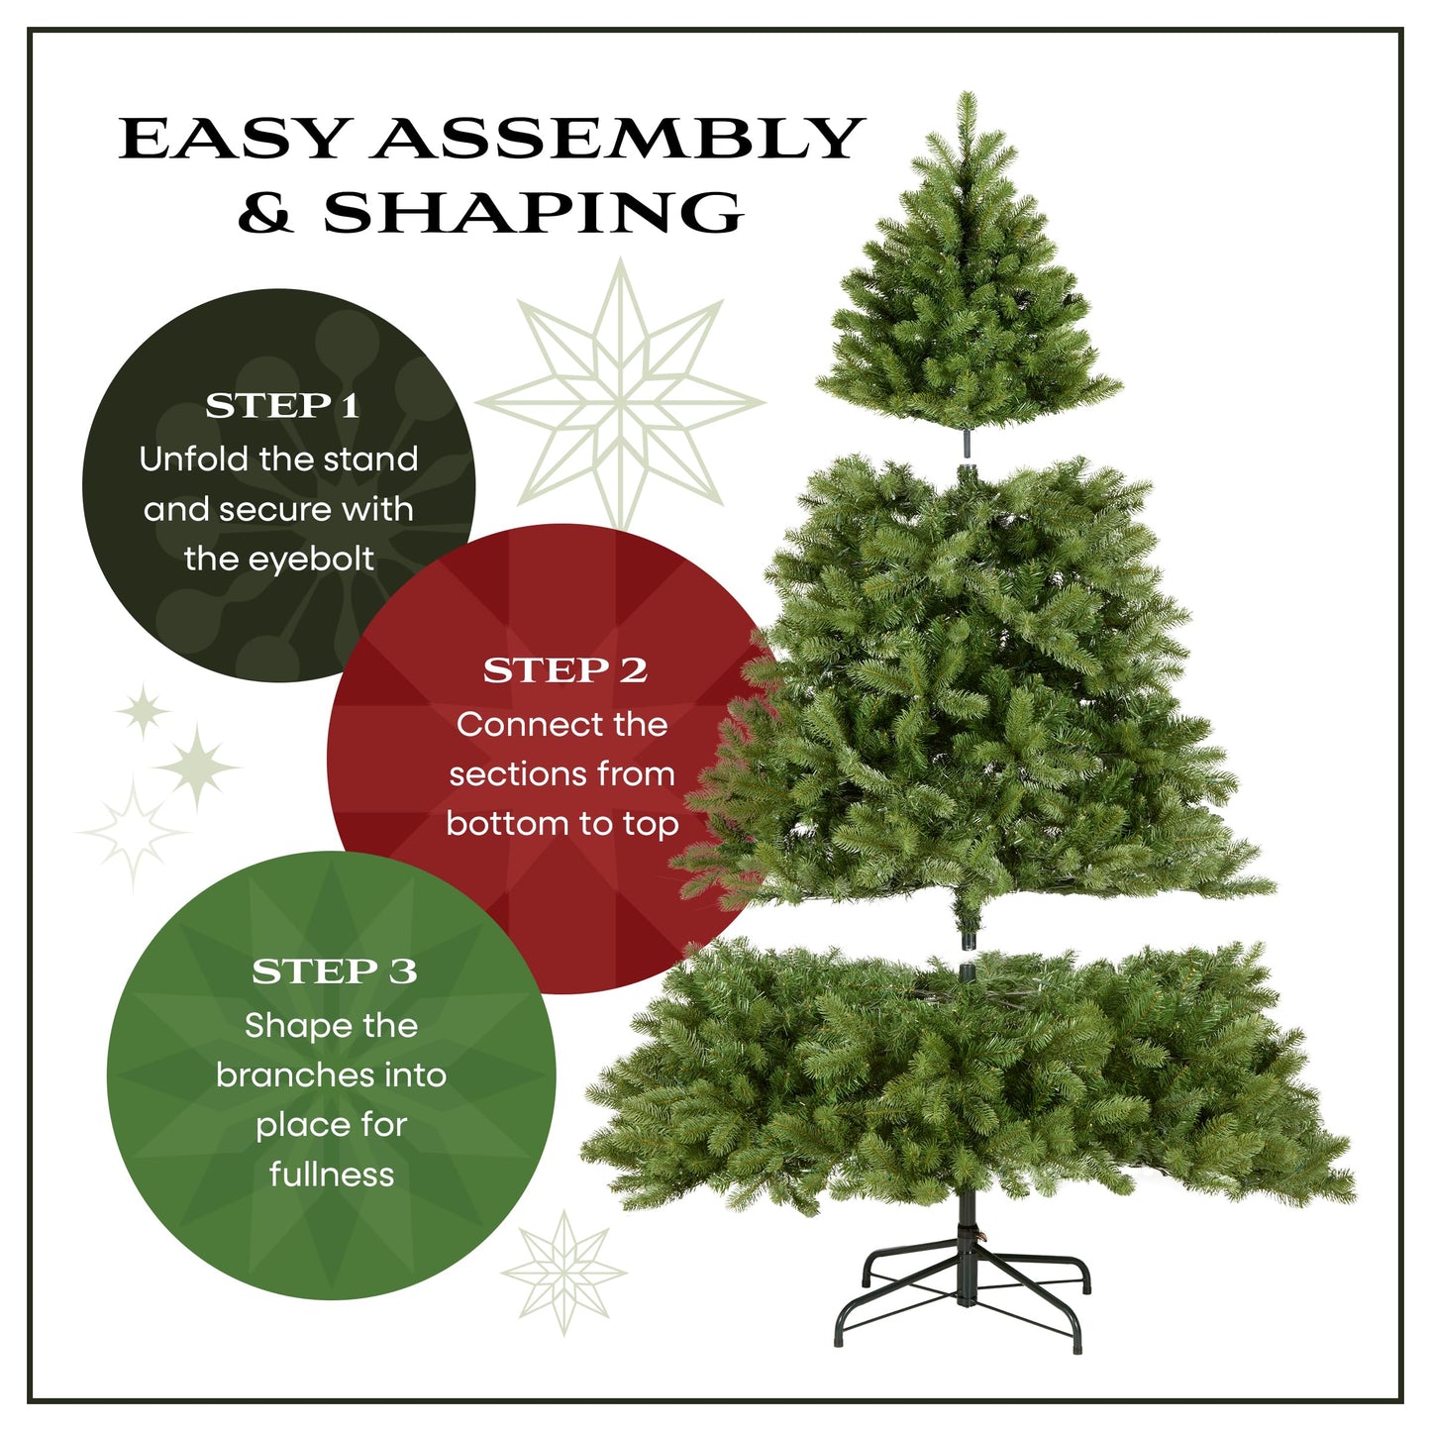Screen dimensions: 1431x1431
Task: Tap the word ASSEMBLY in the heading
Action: click(618, 139)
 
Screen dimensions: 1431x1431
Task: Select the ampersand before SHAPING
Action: click(265, 212)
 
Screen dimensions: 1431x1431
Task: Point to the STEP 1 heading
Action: click(282, 406)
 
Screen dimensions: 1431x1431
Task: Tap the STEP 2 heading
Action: click(564, 671)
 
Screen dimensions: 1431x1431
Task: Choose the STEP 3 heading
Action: click(334, 972)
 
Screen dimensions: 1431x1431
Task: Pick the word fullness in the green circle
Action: click(332, 1175)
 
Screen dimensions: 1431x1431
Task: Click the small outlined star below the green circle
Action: click(564, 1272)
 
